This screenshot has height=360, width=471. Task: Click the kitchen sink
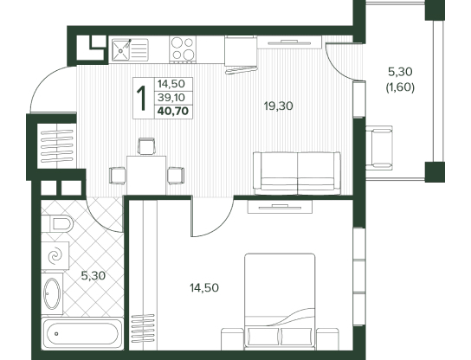point(130,50)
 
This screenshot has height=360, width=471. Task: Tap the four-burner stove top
point(183,49)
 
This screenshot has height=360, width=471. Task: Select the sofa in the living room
point(297,173)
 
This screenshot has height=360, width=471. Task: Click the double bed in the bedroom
point(280,301)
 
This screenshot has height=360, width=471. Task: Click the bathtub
point(82,333)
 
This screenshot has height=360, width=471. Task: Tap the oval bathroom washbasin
point(52,293)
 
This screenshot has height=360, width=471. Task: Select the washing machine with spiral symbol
point(55,255)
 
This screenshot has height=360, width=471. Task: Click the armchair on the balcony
point(379,148)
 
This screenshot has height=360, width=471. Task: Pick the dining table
point(146,176)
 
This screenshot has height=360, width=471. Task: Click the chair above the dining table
point(146,146)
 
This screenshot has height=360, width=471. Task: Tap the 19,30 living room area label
point(279,106)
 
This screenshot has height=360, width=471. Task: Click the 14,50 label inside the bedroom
point(204,288)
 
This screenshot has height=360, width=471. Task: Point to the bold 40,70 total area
point(173,111)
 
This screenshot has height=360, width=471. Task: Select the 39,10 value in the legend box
point(171,97)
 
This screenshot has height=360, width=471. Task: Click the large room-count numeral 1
point(141,98)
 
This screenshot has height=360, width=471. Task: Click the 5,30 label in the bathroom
point(94,276)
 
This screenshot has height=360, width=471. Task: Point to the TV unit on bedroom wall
point(280,207)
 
